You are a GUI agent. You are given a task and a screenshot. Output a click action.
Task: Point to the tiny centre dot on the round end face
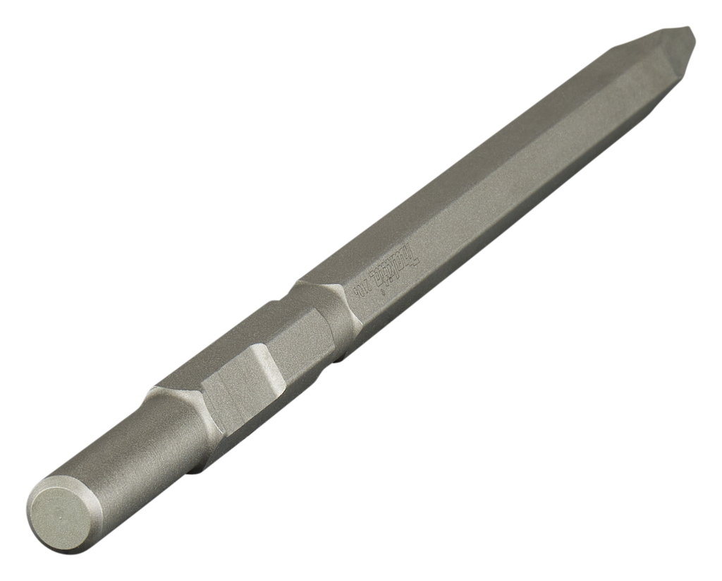[x=60, y=515]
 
